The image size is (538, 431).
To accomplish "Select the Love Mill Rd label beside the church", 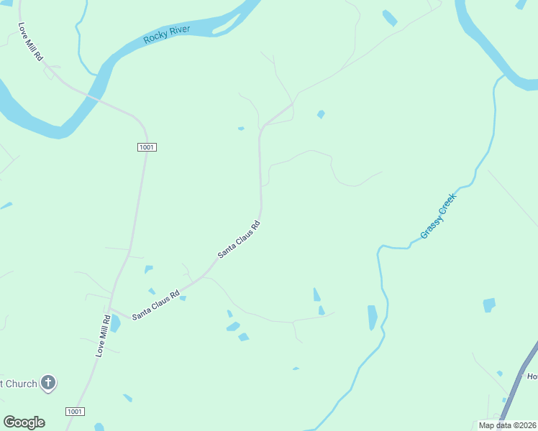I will [104, 335].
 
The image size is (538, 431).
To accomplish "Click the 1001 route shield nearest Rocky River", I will [147, 147].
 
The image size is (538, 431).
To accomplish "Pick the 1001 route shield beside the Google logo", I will [75, 412].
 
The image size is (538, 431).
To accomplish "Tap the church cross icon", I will [48, 383].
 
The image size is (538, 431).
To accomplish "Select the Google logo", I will [24, 422].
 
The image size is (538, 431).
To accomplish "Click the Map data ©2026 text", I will [507, 425].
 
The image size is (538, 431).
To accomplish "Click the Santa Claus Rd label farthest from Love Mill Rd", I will [239, 240].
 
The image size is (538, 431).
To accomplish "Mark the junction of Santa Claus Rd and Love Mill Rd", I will [111, 310].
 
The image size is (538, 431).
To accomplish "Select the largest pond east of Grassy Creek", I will [489, 305].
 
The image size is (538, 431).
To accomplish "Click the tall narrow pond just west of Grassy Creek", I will [372, 317].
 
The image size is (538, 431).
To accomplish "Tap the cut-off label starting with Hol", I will [532, 376].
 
